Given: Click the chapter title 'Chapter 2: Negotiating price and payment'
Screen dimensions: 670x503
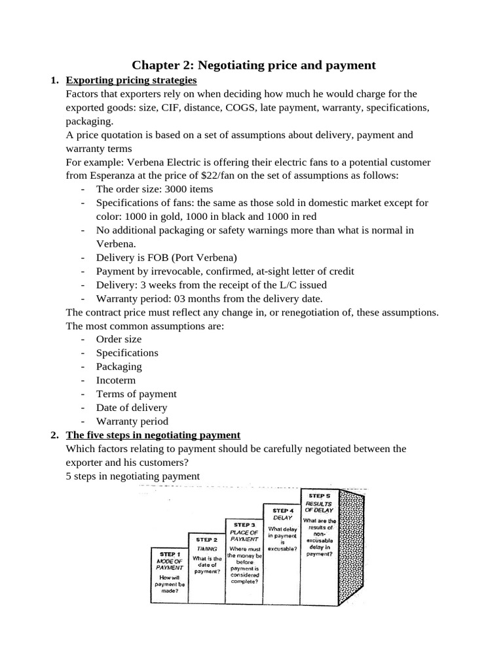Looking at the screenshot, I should [254, 65].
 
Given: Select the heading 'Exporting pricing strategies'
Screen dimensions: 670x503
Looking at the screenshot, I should [131, 80].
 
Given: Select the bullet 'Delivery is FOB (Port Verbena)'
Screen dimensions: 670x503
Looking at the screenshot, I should [166, 257].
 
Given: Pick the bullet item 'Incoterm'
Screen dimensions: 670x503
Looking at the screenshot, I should [116, 380].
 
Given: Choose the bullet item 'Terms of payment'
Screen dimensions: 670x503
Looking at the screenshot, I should [136, 394].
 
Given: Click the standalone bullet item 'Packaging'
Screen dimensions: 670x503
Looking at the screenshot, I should [119, 366].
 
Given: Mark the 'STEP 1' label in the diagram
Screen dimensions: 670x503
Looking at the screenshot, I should [170, 554].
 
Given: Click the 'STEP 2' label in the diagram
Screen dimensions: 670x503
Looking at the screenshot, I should [206, 540].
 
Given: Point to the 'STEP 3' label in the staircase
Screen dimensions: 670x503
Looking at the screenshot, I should [244, 525].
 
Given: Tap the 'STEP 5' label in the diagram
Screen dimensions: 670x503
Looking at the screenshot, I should [319, 496].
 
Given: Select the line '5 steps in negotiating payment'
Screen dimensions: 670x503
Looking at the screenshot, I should [132, 476].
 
